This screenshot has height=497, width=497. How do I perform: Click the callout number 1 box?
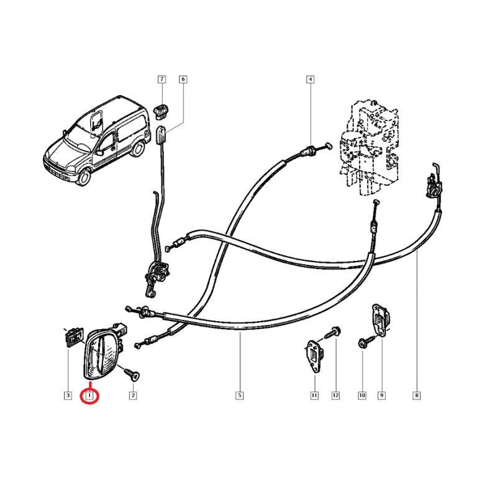tap(90, 395)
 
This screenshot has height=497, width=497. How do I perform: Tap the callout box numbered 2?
tap(132, 395)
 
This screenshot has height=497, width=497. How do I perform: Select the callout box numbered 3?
tap(66, 395)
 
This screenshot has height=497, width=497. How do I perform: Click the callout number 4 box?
tap(310, 79)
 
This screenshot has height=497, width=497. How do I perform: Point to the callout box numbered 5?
tap(239, 395)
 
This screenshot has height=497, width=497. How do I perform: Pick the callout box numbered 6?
tap(183, 79)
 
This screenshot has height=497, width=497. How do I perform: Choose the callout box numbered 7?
tap(162, 79)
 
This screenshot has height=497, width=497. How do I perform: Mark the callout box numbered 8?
tap(416, 395)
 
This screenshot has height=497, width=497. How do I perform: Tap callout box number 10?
tap(362, 395)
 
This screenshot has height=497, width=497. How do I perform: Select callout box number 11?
tap(314, 395)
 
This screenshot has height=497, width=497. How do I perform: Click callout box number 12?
tap(335, 395)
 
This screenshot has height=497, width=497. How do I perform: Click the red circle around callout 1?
tap(90, 396)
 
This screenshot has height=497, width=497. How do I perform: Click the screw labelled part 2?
tap(132, 373)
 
